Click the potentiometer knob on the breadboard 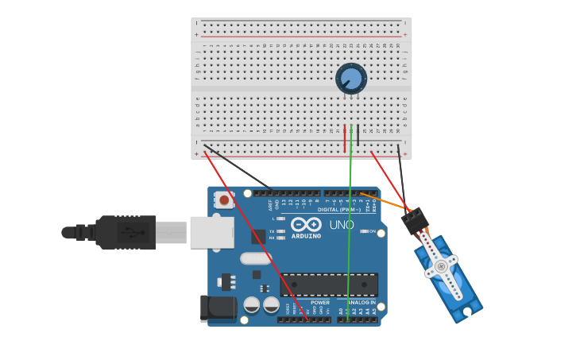(350, 78)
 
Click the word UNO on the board (342, 226)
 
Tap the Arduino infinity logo (305, 225)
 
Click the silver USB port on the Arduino (211, 231)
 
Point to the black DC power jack (217, 308)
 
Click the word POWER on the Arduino (320, 302)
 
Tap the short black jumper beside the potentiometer (358, 135)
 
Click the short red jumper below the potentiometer (345, 138)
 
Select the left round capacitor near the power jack (252, 304)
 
